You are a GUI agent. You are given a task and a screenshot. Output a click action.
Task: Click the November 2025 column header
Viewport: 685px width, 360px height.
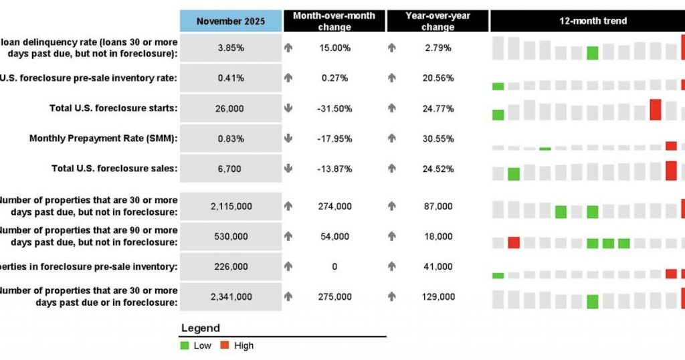point(231,21)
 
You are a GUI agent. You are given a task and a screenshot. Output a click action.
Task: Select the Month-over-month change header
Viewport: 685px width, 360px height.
point(334,21)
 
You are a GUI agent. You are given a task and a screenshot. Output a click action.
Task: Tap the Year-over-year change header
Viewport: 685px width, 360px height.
point(437,21)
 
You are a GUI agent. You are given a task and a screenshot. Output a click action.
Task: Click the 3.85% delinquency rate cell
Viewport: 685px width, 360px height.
point(231,48)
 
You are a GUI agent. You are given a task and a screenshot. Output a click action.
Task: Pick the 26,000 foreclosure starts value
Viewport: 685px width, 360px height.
point(231,108)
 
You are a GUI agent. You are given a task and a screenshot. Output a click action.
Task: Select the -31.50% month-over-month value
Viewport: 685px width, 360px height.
point(334,108)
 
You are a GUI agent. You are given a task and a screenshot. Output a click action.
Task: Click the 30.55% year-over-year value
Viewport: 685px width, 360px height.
point(438,139)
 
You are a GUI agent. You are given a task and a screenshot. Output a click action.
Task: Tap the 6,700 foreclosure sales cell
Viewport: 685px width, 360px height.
point(231,169)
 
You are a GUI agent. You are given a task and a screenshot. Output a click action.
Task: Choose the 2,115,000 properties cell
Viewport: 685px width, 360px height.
point(231,206)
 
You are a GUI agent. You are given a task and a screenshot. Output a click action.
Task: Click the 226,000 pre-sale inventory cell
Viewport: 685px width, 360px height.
point(231,266)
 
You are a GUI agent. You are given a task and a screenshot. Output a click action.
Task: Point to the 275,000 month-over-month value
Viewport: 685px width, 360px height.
point(334,296)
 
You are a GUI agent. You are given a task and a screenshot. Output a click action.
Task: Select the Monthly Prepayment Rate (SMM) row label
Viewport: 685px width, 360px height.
point(103,139)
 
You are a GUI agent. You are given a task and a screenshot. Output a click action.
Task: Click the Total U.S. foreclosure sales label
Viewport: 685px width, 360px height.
point(114,169)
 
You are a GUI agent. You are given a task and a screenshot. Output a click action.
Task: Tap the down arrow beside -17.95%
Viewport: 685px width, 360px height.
point(288,139)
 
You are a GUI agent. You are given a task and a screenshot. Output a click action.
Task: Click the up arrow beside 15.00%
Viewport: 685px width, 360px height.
point(288,48)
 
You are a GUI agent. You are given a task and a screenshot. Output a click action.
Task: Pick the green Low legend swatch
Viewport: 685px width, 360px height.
point(185,346)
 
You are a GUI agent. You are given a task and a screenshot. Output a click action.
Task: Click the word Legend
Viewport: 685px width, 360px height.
point(200,329)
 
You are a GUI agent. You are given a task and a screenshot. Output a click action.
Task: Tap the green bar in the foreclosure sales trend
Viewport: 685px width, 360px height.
point(514,174)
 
